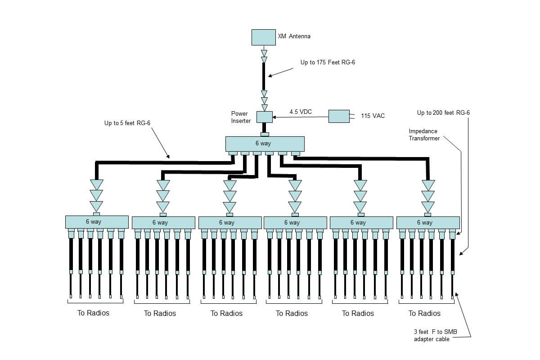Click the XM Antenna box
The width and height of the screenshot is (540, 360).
pos(263,37)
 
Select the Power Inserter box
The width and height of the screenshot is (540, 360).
pos(265,117)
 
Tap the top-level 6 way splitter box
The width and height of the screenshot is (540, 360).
pos(265,144)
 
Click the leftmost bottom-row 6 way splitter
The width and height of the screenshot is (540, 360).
pos(94,222)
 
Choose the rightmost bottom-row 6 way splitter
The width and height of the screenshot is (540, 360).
pos(427,222)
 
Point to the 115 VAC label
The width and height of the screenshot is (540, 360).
pos(373,116)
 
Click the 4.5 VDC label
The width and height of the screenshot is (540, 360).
pos(300,111)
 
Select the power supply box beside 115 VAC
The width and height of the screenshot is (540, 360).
pos(339,116)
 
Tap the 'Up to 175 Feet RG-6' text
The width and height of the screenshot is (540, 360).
pos(328,63)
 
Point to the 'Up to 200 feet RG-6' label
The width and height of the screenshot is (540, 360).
pos(443,112)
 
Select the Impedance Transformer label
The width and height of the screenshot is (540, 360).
pos(424,135)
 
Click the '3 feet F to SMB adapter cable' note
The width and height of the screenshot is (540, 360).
pos(432,335)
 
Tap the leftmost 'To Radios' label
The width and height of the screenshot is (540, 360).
pos(94,313)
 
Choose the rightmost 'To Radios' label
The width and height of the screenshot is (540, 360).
pos(424,313)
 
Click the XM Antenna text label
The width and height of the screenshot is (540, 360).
pos(294,36)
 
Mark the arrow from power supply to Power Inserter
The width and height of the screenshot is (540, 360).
pos(301,117)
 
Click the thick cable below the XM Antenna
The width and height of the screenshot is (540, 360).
pos(264,76)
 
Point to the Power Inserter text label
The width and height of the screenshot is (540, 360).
pos(241,117)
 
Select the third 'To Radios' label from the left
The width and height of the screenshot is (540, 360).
pos(226,313)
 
